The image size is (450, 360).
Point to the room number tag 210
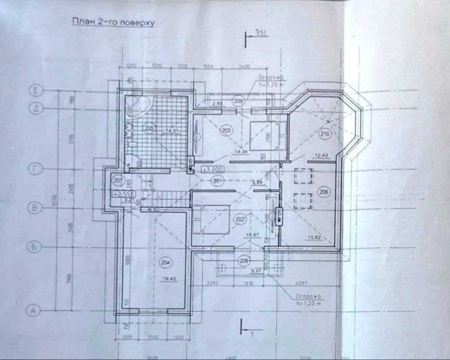[325, 134]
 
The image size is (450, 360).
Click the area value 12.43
[321, 155]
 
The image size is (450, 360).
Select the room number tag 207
[118, 181]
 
